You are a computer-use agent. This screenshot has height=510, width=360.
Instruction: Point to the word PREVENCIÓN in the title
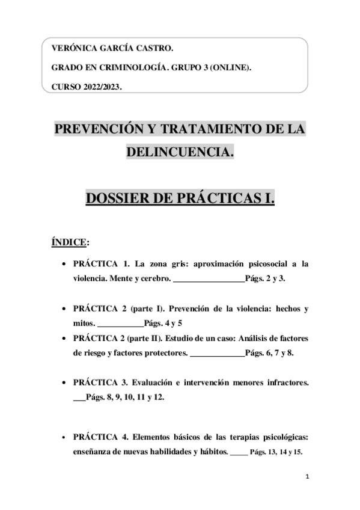pyautogui.click(x=99, y=130)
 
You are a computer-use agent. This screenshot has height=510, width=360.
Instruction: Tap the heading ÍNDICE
pyautogui.click(x=70, y=242)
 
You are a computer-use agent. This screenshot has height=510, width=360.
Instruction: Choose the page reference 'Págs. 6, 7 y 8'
pyautogui.click(x=269, y=354)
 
